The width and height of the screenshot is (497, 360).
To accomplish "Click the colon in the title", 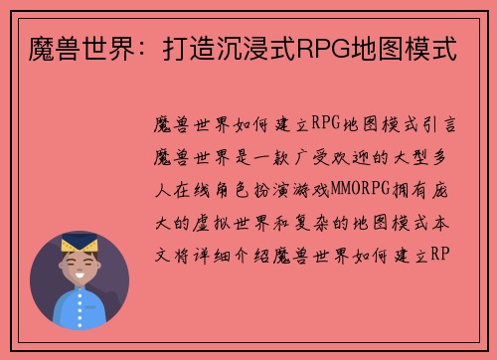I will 149,46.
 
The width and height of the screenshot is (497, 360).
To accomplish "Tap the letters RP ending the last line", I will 443,255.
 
